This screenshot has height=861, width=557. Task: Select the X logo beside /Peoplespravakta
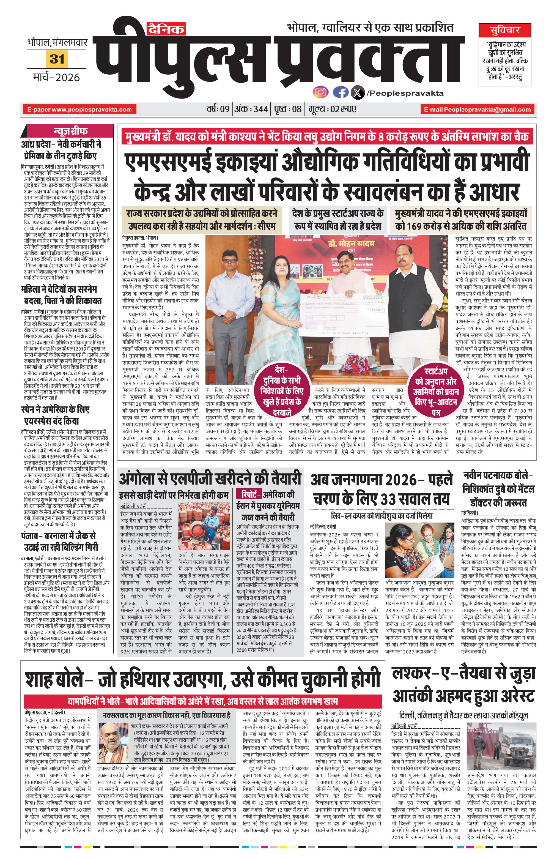pos(358,93)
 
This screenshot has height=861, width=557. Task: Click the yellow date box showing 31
pos(57,59)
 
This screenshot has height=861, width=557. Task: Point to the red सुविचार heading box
pos(504,30)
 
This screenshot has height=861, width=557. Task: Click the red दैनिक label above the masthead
pos(165,29)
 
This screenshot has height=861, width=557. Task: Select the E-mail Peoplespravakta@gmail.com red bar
pos(477,109)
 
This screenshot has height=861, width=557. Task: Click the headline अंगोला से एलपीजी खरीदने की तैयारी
pos(210,478)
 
